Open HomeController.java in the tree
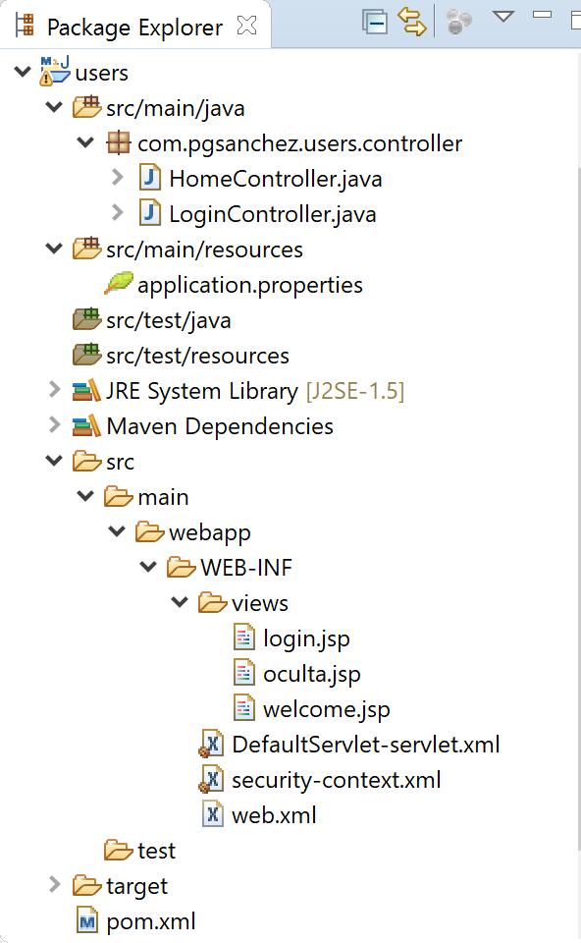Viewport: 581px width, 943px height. coord(275,179)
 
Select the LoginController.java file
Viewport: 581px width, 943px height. coord(272,214)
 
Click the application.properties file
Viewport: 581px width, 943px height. coord(249,285)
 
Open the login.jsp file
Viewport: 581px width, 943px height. coord(306,638)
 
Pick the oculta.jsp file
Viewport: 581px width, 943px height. coord(311,674)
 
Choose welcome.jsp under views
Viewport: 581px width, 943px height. coord(326,709)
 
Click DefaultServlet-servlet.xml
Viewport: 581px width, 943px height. coord(365,745)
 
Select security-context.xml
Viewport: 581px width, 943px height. coord(336,780)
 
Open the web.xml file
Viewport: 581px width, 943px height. coord(274,815)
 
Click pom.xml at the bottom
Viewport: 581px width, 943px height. coord(150,921)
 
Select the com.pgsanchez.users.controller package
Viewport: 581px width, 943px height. coord(299,143)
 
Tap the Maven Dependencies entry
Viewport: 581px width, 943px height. coord(220,426)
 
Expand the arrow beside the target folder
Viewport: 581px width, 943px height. coord(54,886)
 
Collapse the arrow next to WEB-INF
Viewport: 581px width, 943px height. coord(148,568)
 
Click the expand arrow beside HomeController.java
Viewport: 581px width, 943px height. coord(117,179)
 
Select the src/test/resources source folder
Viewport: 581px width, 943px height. coord(197,356)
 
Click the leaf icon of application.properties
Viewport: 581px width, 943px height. coord(119,284)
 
